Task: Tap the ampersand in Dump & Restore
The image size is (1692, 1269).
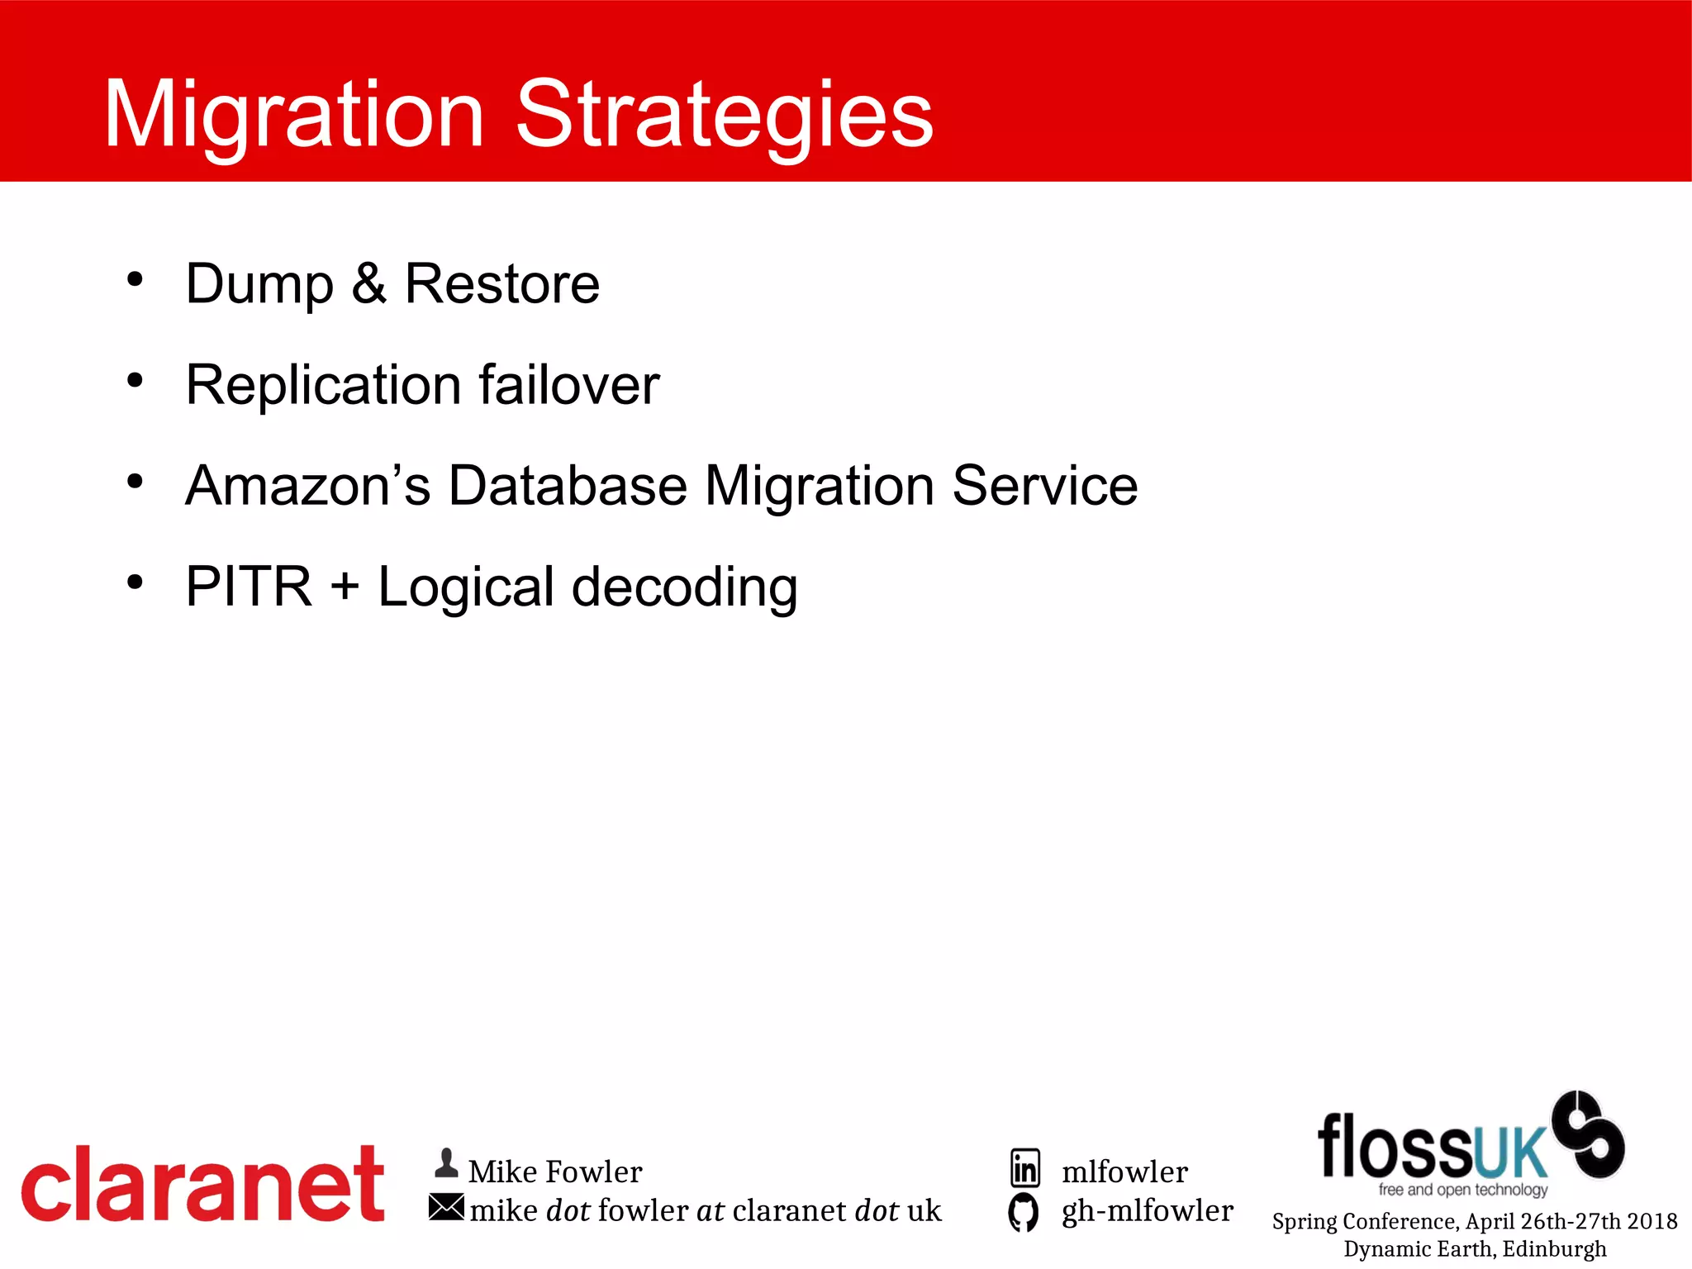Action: [368, 284]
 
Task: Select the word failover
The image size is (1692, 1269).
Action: [569, 385]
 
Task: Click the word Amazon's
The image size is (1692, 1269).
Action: [307, 486]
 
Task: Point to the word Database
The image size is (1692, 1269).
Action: [568, 486]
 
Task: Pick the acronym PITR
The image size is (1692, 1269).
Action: [249, 587]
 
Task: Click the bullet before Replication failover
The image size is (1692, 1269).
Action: [135, 380]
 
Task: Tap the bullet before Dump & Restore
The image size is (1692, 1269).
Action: [135, 278]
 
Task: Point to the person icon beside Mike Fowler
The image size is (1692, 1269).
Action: [446, 1163]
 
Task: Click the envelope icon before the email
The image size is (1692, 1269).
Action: [446, 1207]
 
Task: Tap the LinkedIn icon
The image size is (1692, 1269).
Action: [1025, 1168]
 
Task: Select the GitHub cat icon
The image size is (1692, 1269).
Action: [1024, 1212]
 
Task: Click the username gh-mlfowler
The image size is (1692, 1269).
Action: [1147, 1211]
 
